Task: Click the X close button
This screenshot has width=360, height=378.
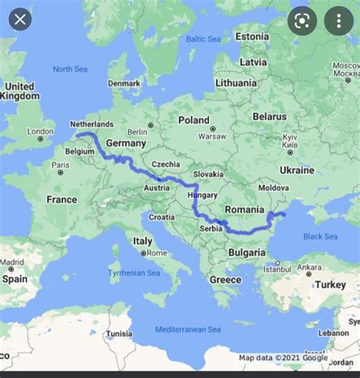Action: coord(20,18)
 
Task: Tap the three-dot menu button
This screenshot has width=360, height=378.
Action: coord(339,20)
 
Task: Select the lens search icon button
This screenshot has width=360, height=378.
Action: coord(301,20)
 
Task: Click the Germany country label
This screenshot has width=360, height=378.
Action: coord(125,143)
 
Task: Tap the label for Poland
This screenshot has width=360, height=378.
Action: coord(193,120)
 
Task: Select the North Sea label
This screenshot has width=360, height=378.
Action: coord(70,69)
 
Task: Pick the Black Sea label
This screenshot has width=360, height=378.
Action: coord(320,236)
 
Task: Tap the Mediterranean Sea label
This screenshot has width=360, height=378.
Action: coord(188,329)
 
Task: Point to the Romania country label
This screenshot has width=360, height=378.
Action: coord(245,209)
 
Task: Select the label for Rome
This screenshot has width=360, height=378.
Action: coord(156,253)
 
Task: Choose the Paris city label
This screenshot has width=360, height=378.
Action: coord(60,165)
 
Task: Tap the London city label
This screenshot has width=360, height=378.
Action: coord(40,131)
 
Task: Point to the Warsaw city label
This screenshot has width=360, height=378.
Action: coord(212,137)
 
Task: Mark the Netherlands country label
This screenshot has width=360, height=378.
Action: coord(91,124)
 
